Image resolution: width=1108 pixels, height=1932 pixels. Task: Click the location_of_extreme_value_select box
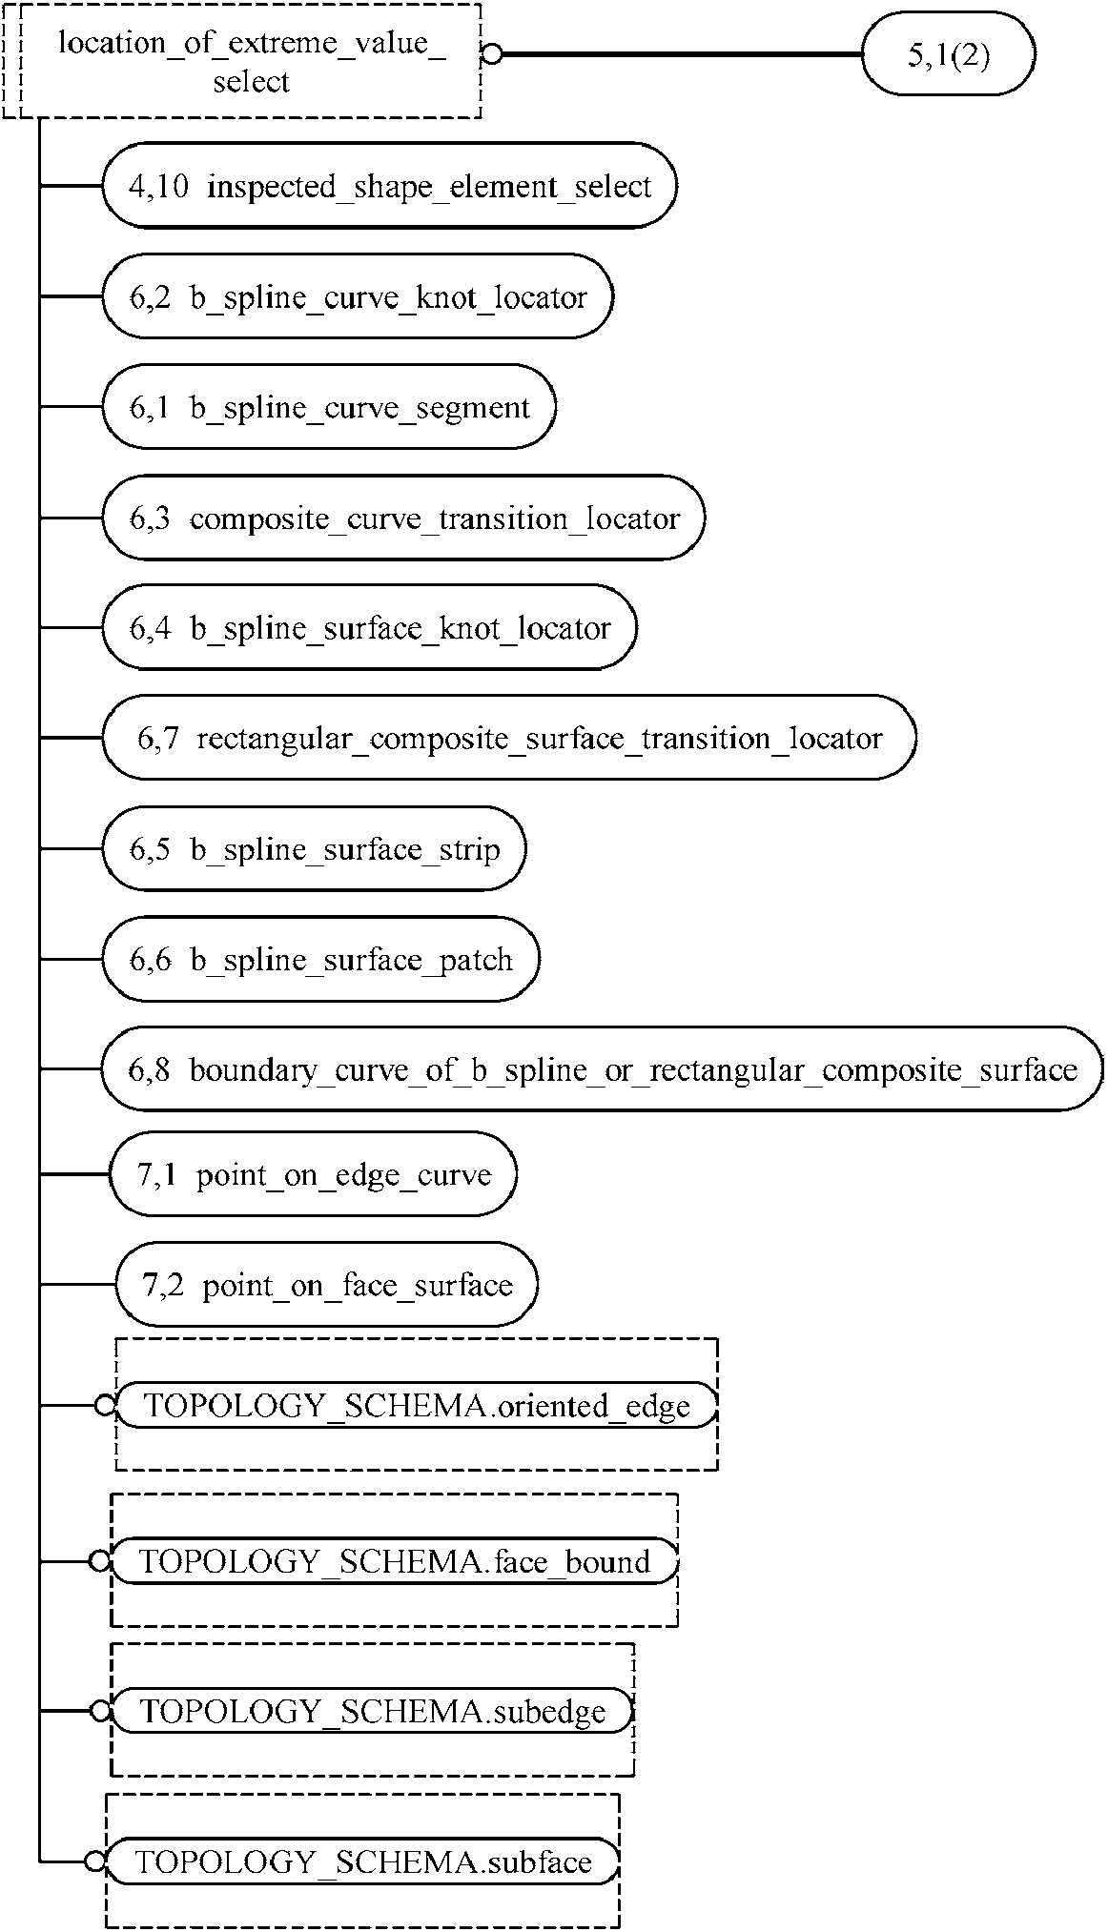point(250,62)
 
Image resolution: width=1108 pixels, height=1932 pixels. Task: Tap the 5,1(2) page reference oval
point(948,54)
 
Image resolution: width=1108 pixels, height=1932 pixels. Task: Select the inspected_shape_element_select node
point(389,186)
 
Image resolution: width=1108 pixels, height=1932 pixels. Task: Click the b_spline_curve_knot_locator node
point(358,296)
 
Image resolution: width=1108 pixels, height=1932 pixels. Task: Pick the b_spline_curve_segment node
point(329,407)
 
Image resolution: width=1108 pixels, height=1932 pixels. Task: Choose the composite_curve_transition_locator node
point(403,518)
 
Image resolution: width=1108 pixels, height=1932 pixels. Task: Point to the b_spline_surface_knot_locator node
point(369,628)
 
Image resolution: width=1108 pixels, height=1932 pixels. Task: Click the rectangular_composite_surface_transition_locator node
point(508,738)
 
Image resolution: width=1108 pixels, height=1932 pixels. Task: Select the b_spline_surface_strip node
point(314,848)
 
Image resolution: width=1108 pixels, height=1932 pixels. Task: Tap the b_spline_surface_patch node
point(320,959)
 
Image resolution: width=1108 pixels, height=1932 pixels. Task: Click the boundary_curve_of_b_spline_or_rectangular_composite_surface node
point(602,1069)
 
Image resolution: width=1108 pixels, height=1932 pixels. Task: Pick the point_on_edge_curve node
point(314,1174)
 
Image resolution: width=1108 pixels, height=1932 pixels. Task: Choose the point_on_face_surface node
point(326,1285)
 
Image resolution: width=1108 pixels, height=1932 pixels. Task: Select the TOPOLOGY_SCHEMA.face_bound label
point(395,1561)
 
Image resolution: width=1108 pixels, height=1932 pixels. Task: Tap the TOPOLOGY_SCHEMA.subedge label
point(373,1711)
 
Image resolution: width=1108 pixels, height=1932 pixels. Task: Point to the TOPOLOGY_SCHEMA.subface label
point(363,1861)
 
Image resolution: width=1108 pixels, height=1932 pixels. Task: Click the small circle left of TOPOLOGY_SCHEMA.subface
point(94,1861)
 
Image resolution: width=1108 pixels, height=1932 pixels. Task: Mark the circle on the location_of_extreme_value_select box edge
point(491,54)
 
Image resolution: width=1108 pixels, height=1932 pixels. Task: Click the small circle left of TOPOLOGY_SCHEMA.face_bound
point(99,1561)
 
